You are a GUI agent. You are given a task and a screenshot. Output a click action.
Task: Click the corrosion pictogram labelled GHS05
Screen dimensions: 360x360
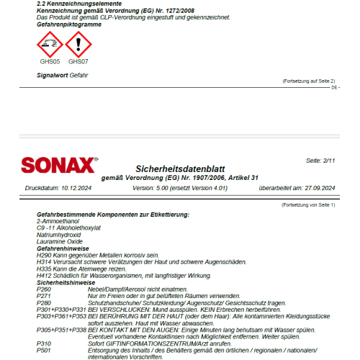(x=49, y=46)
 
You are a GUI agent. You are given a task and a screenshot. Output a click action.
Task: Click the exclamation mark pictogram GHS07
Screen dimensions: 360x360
(x=78, y=46)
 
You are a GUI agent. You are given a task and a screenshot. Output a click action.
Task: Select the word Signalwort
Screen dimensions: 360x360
(x=52, y=75)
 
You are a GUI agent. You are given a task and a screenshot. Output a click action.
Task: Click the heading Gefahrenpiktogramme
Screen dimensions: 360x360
(x=69, y=24)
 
